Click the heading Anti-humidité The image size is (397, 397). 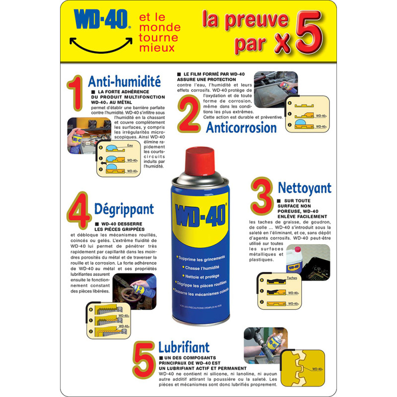click(124, 81)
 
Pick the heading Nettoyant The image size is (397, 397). click(304, 188)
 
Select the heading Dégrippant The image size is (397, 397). click(124, 209)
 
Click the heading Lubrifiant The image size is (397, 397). click(184, 346)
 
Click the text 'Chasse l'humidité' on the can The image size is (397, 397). click(201, 267)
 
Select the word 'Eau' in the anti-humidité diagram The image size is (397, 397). click(130, 145)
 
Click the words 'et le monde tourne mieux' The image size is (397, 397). click(160, 33)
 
